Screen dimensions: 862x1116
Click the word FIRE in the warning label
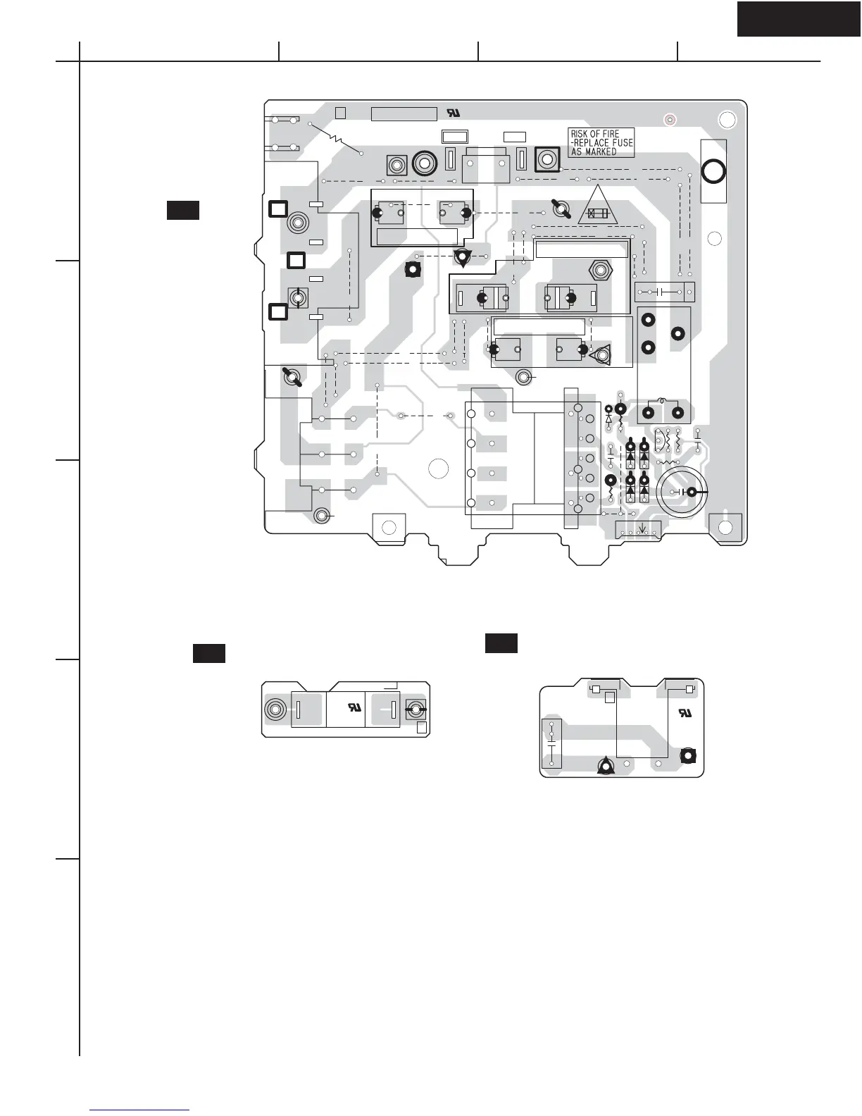pos(608,134)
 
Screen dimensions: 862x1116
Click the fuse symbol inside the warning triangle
pos(598,213)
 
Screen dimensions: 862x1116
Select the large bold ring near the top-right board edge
pos(713,171)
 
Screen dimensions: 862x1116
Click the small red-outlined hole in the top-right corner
pos(670,120)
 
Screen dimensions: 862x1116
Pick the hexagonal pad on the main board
pos(599,270)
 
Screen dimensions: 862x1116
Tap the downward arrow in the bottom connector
pos(642,528)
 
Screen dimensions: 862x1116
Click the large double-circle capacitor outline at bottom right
pos(683,492)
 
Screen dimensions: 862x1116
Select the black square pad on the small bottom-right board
pos(688,756)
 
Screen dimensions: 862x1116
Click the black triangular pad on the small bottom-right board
pos(605,767)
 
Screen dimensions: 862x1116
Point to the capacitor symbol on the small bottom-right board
pos(551,743)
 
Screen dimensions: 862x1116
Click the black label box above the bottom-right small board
pos(501,643)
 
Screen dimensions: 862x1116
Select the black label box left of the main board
pos(182,210)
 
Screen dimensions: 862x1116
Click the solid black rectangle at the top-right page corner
pos(799,19)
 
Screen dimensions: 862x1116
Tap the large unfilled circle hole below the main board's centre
pos(438,469)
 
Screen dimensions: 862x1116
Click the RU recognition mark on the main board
pos(452,113)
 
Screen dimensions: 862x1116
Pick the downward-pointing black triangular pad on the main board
pos(462,258)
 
